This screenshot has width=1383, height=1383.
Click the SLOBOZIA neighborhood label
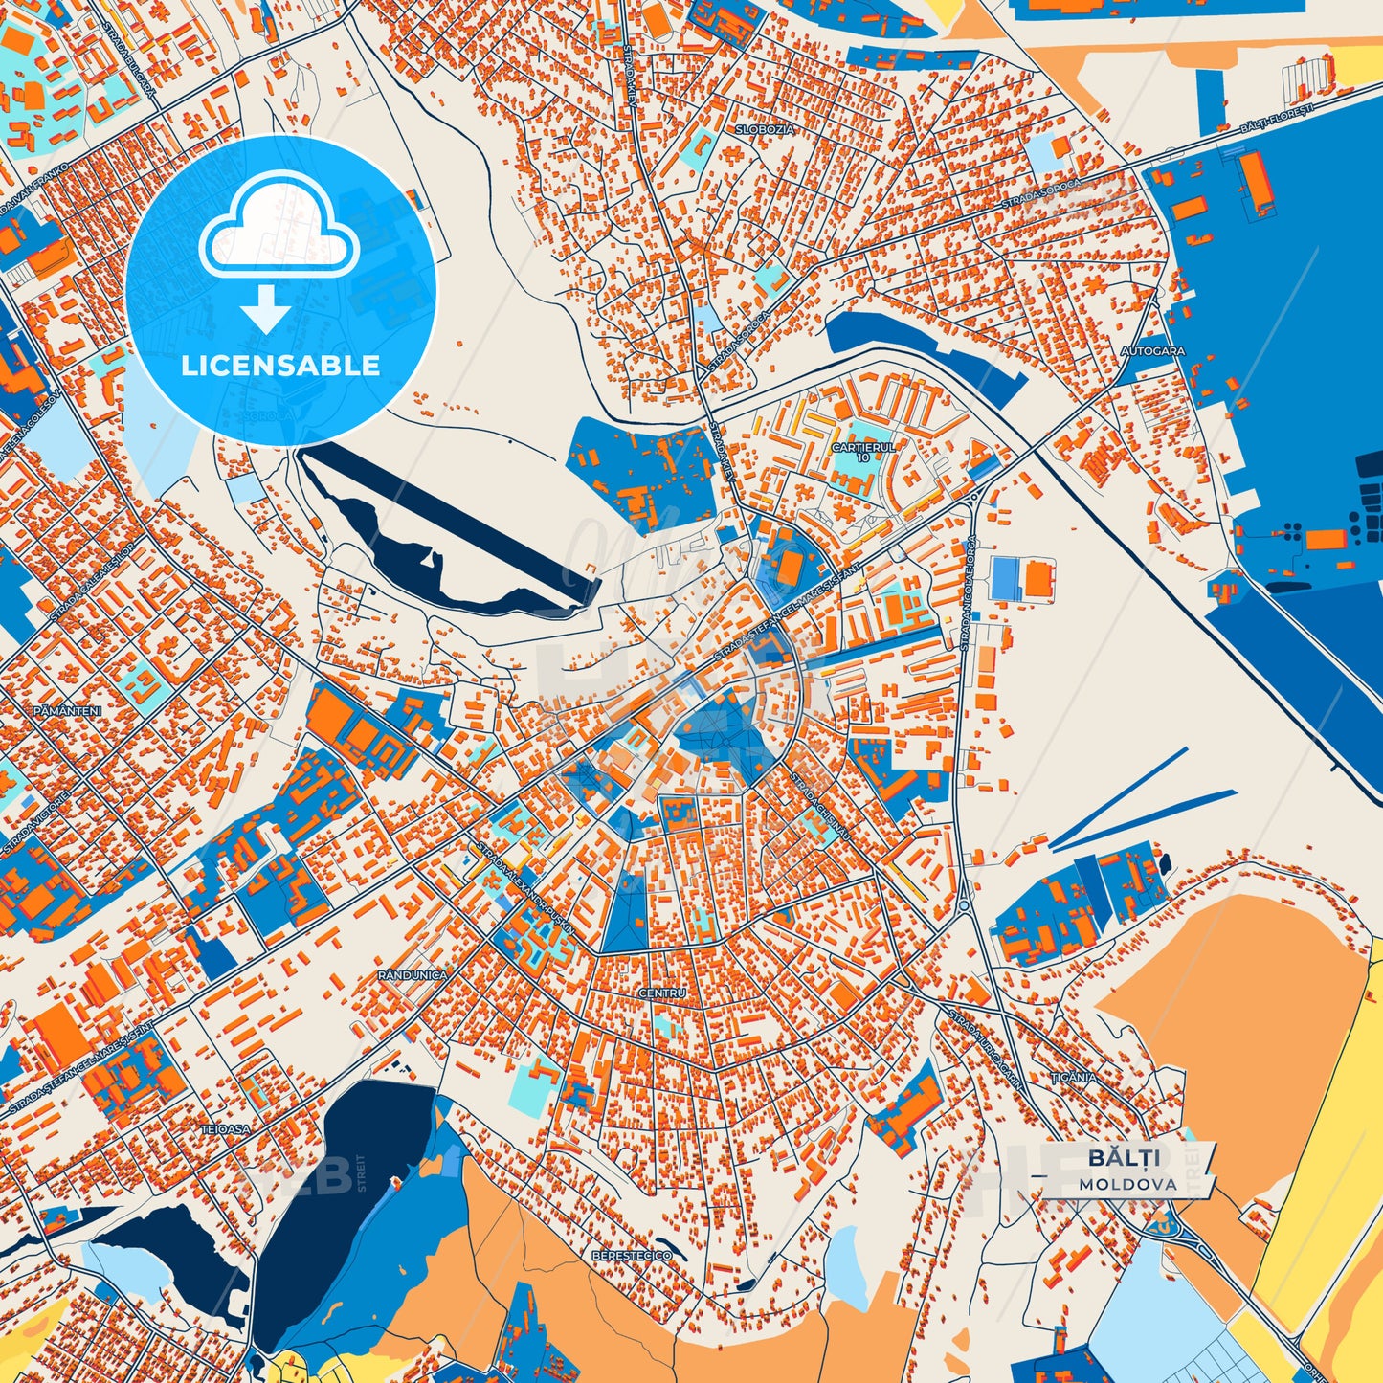765,128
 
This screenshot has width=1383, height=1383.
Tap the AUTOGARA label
1152,351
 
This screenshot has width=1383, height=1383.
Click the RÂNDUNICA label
413,974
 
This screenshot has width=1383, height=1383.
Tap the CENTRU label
662,993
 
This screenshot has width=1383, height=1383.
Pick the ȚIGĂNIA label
1074,1077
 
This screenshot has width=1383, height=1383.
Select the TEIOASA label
225,1129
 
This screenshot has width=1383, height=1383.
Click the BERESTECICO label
632,1255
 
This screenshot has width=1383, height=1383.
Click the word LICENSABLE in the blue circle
280,366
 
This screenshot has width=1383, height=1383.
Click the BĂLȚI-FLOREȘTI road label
1278,117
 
